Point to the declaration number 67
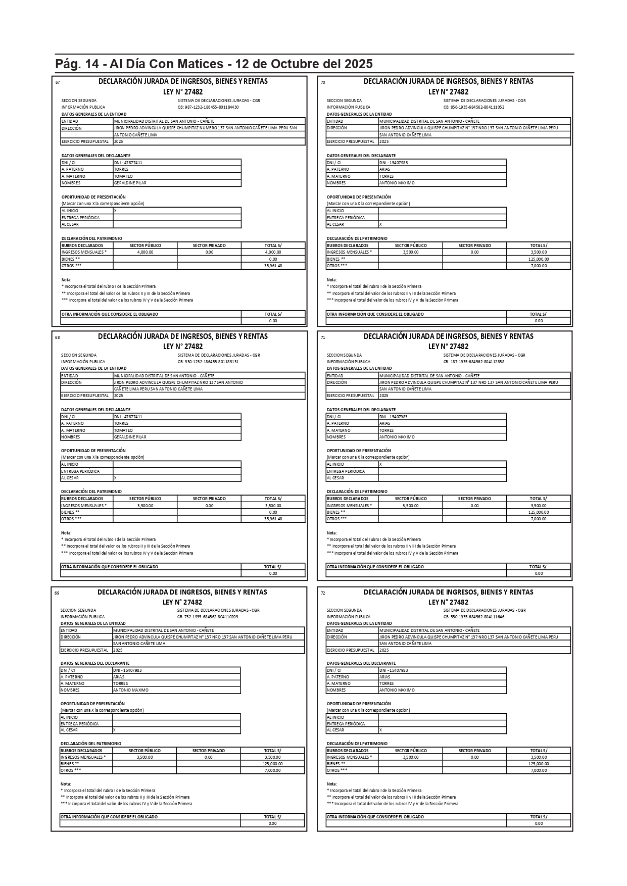tap(58, 82)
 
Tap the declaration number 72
tap(323, 593)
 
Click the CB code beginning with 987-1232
tap(208, 107)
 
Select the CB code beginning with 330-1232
tap(208, 362)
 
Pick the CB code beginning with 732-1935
tap(208, 617)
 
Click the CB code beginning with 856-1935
tap(473, 107)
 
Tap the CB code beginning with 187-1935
tap(473, 362)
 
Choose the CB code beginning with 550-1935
tap(473, 617)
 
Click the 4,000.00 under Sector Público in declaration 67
tap(145, 252)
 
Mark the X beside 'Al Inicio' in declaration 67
tap(115, 211)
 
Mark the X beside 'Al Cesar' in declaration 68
tap(115, 478)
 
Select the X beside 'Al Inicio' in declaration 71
tap(380, 464)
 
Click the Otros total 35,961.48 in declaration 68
tap(273, 519)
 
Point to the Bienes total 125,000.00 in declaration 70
tap(539, 259)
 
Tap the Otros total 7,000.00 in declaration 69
tap(272, 770)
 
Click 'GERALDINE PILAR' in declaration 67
tap(130, 183)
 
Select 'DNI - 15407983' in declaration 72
tap(394, 670)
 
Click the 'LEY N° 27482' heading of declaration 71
tap(448, 347)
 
